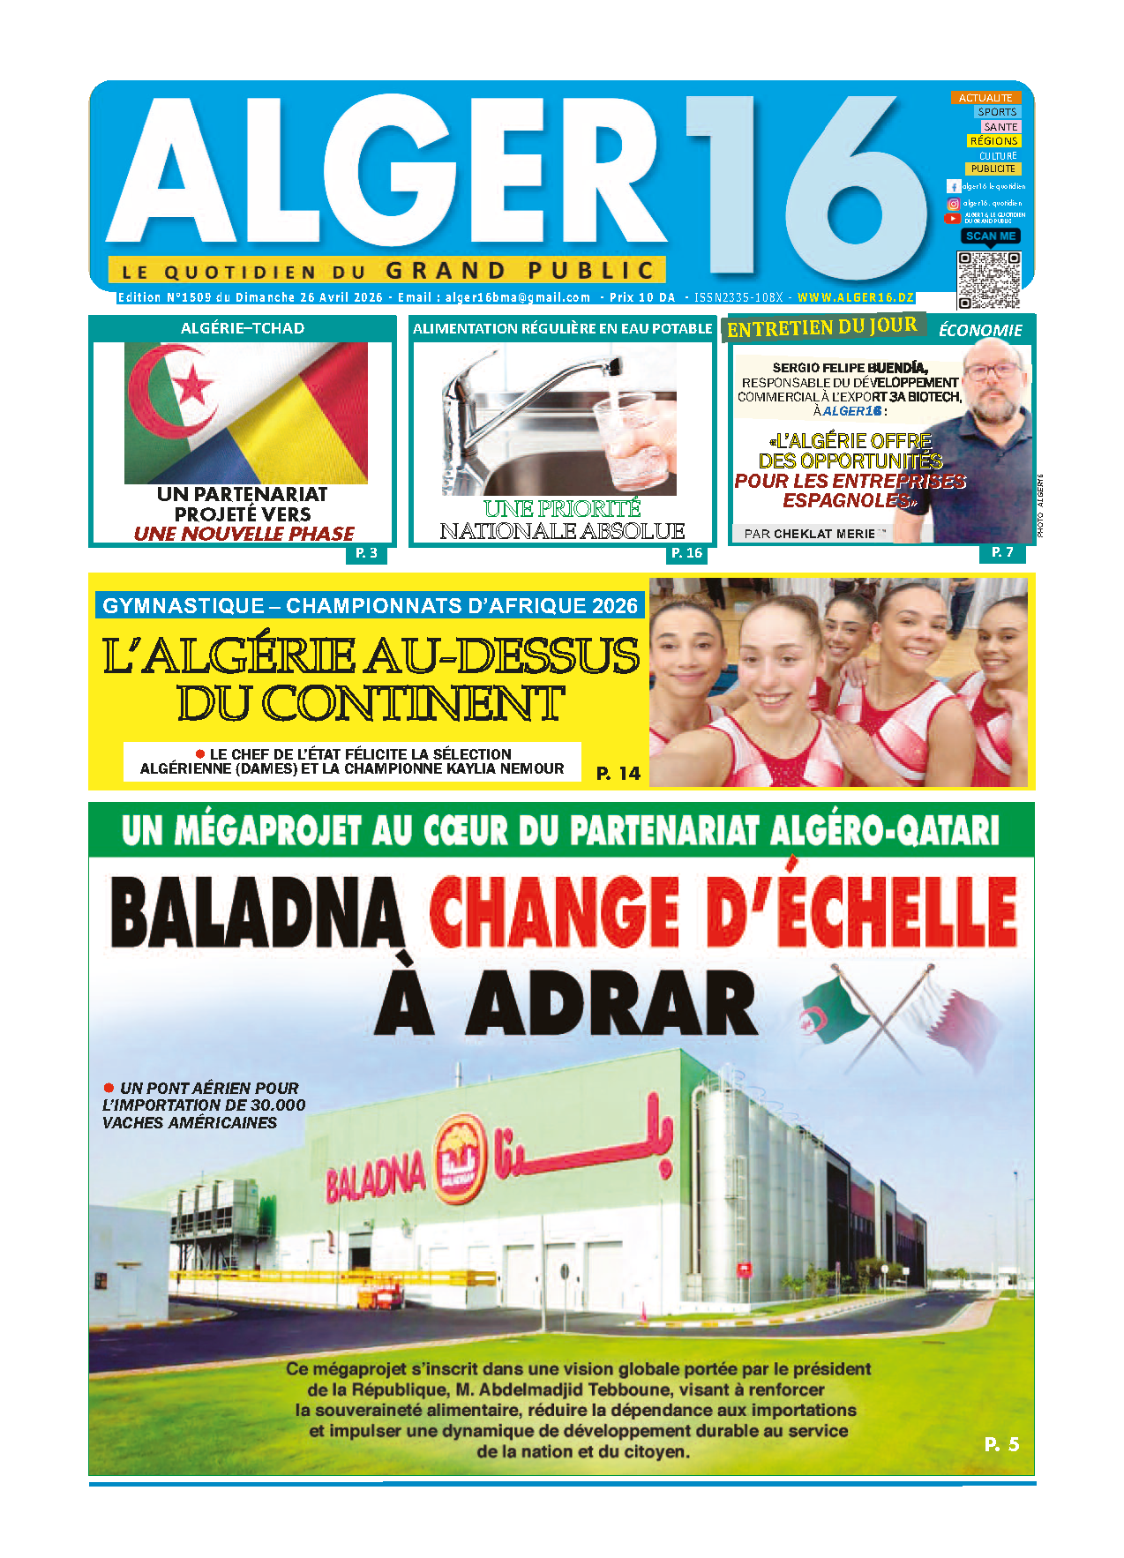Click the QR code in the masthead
click(x=988, y=280)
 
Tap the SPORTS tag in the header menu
click(x=997, y=112)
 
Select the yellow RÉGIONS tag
click(x=993, y=141)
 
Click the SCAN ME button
click(x=990, y=236)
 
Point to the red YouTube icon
click(x=953, y=218)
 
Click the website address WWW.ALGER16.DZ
click(x=855, y=298)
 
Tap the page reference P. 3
click(x=366, y=553)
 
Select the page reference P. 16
click(x=686, y=553)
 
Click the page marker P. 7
click(x=1002, y=552)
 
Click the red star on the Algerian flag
click(x=192, y=386)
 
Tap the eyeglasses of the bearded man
click(x=993, y=371)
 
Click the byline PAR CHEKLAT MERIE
click(x=810, y=534)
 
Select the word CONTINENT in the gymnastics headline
click(x=370, y=704)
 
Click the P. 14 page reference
click(x=618, y=774)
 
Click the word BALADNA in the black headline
click(x=256, y=913)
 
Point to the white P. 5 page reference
click(x=1001, y=1444)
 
